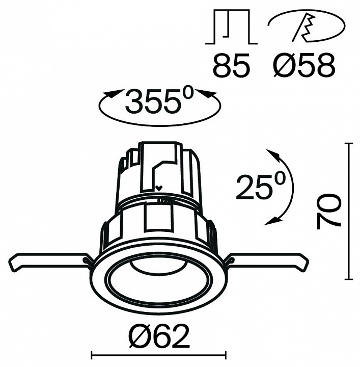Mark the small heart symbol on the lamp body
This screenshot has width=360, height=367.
[159, 188]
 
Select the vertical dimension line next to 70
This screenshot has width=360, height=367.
[349, 212]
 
